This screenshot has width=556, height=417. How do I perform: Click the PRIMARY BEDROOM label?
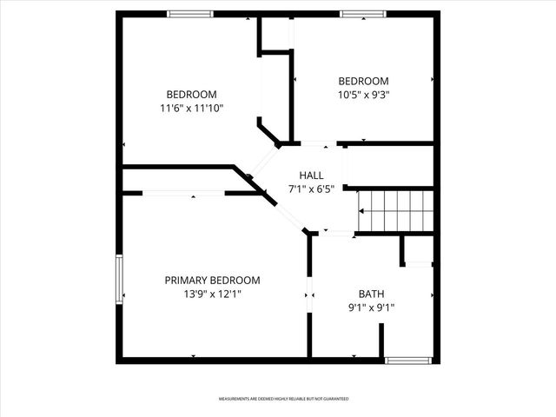coord(212,280)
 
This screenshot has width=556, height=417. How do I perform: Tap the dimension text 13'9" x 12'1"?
coord(212,295)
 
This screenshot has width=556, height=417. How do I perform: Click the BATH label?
coord(371,294)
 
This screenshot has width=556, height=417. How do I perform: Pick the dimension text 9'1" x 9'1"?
coord(371,308)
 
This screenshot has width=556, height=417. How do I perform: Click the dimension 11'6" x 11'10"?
coord(191,109)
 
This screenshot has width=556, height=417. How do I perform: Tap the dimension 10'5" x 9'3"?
coord(363,95)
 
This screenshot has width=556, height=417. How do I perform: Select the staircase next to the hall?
coord(395,209)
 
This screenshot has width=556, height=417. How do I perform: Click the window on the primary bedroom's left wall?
coord(120,279)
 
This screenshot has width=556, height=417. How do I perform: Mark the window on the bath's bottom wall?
coord(407,359)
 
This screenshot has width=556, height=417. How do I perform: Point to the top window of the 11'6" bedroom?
coord(190,14)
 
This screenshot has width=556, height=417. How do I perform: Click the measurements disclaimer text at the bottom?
coord(283,399)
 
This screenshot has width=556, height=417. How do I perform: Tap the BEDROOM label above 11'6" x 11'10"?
coord(191,95)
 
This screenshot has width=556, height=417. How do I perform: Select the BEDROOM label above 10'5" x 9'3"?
coord(363,81)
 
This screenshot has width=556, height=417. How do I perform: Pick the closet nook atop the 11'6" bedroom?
coord(276,35)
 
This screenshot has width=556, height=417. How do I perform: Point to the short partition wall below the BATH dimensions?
coord(381,341)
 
